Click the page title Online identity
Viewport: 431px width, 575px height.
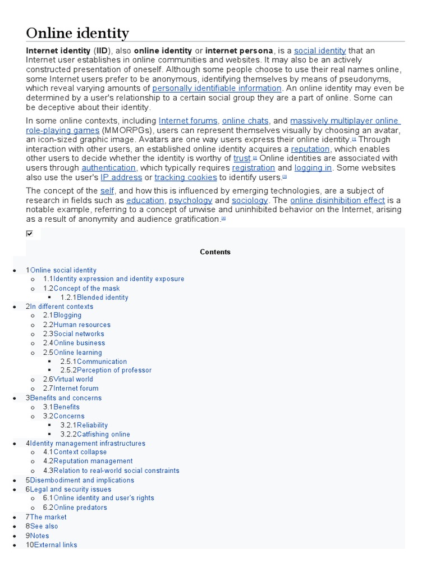point(77,33)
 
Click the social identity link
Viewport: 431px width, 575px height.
point(320,51)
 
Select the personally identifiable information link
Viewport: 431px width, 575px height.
point(217,88)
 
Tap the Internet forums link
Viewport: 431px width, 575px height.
point(188,121)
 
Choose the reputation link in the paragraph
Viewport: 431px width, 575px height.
point(311,149)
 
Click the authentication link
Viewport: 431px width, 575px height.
point(108,168)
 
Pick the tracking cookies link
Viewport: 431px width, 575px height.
point(185,177)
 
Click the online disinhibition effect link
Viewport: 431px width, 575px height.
point(337,200)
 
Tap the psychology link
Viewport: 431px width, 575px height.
point(191,200)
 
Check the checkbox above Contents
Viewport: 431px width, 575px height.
point(30,234)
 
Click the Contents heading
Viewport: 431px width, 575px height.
point(215,252)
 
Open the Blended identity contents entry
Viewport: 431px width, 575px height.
point(102,298)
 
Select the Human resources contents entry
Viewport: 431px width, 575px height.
point(82,325)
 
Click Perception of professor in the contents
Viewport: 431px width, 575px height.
point(114,370)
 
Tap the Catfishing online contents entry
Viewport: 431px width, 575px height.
point(103,434)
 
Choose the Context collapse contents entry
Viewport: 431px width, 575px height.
point(80,452)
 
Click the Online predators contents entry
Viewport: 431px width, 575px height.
point(80,508)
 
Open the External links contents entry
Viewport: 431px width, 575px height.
point(56,545)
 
